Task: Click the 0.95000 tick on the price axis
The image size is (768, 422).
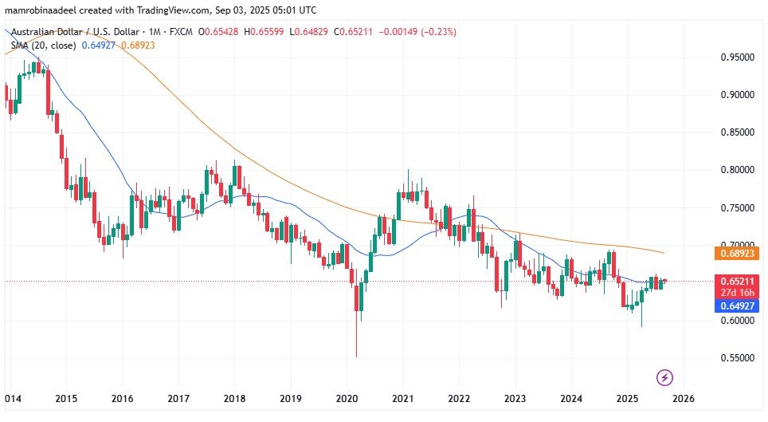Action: (737, 57)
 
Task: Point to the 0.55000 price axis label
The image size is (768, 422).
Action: (737, 358)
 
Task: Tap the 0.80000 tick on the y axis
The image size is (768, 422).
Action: (737, 170)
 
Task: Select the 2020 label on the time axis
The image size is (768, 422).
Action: (347, 398)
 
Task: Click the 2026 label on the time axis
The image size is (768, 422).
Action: (684, 398)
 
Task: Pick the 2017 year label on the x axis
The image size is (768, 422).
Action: (178, 398)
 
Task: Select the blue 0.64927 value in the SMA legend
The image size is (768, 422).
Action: (99, 45)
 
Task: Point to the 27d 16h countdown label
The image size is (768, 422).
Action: (738, 292)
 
